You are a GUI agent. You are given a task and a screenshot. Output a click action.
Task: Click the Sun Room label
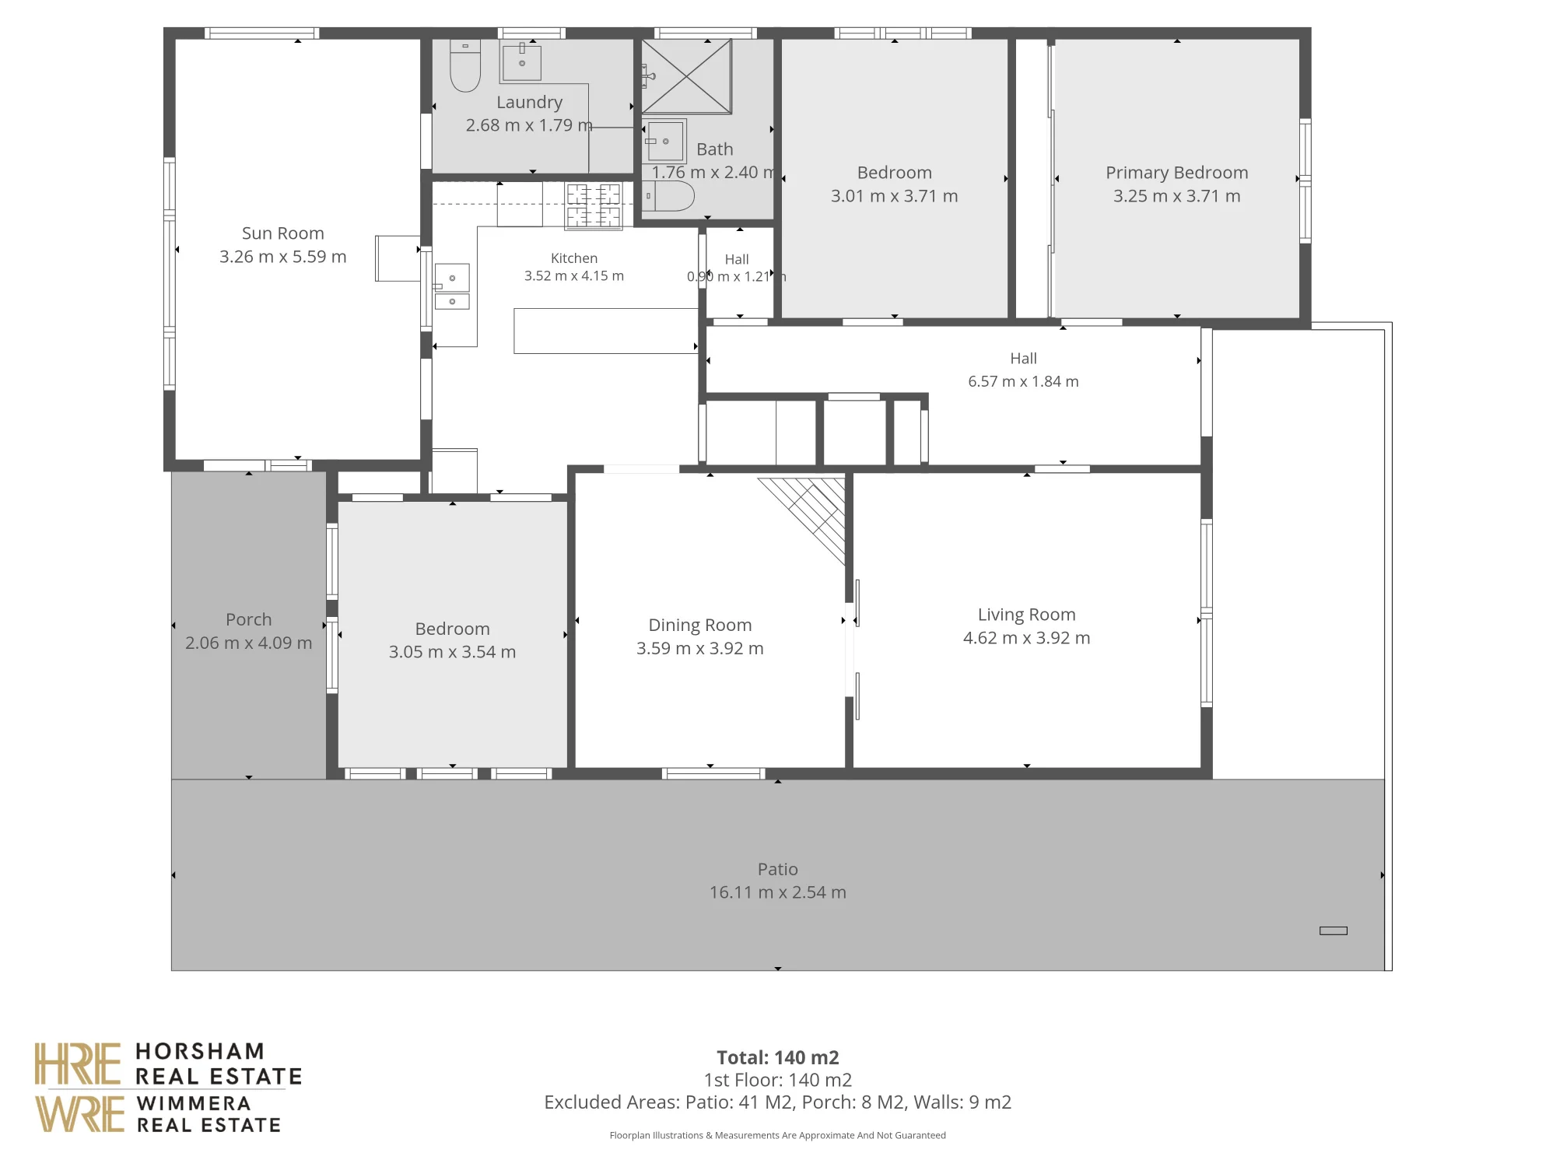[282, 233]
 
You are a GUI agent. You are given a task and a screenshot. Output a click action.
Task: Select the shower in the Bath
[687, 76]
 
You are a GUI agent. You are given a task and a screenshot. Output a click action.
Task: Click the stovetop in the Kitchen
[594, 205]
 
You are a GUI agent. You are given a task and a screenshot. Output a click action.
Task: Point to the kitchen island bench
[605, 331]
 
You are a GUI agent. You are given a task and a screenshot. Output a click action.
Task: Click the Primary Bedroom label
[1176, 173]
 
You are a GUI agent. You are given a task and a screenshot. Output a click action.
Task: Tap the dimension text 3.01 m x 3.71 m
[894, 196]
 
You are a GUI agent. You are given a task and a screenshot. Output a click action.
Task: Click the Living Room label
[1026, 615]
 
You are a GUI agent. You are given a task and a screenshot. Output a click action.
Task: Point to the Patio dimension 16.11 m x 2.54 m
[777, 892]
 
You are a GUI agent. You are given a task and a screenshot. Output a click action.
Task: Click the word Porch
[249, 619]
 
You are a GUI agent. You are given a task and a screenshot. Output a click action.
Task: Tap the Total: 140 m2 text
[777, 1057]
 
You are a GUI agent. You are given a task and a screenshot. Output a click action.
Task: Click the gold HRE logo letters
[78, 1064]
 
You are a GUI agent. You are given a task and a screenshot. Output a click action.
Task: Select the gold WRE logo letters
[79, 1113]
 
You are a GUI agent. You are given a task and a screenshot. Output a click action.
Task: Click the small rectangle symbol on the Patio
[1333, 930]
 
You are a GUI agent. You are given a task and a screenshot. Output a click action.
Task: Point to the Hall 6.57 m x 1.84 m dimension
[1023, 381]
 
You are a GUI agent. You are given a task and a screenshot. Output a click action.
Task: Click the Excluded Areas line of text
[777, 1102]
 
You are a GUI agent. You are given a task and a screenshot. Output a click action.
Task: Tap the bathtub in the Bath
[668, 197]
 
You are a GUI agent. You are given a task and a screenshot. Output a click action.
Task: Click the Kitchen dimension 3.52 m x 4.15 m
[574, 275]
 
